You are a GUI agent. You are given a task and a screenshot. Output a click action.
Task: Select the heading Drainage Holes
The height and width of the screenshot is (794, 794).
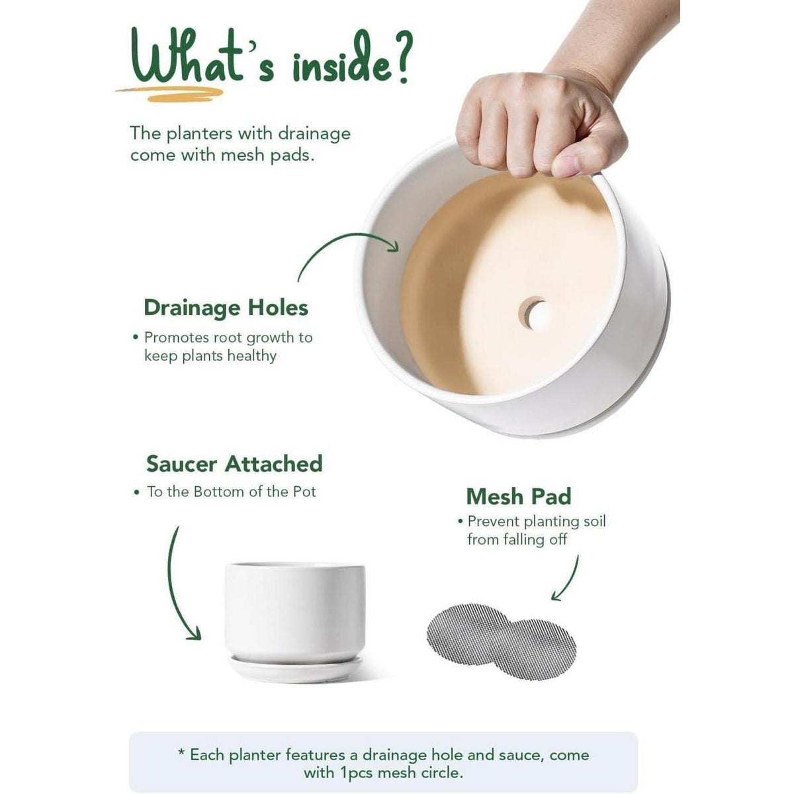click(x=226, y=308)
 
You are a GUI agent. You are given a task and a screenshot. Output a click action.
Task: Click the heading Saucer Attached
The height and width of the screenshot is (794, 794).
click(x=234, y=464)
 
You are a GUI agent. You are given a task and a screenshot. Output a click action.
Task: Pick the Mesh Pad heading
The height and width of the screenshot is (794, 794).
click(x=519, y=496)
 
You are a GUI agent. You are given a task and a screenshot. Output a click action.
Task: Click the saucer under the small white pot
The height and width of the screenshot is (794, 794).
click(x=295, y=668)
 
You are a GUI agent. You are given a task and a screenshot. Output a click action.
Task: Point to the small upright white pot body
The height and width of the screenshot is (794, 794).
click(x=295, y=613)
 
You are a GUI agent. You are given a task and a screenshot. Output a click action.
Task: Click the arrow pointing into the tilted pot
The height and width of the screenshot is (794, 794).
click(x=338, y=241)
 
